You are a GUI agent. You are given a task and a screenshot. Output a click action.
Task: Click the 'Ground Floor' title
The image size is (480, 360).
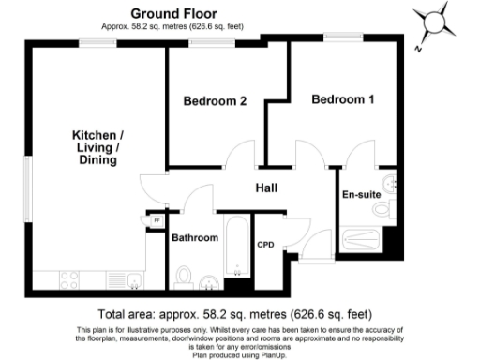click(175, 13)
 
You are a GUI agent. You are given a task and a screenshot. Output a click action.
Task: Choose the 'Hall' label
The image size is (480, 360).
click(267, 188)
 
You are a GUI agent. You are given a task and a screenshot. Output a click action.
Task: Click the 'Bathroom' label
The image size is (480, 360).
click(195, 238)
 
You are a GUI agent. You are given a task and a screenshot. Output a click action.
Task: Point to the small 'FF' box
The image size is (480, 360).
click(157, 221)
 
